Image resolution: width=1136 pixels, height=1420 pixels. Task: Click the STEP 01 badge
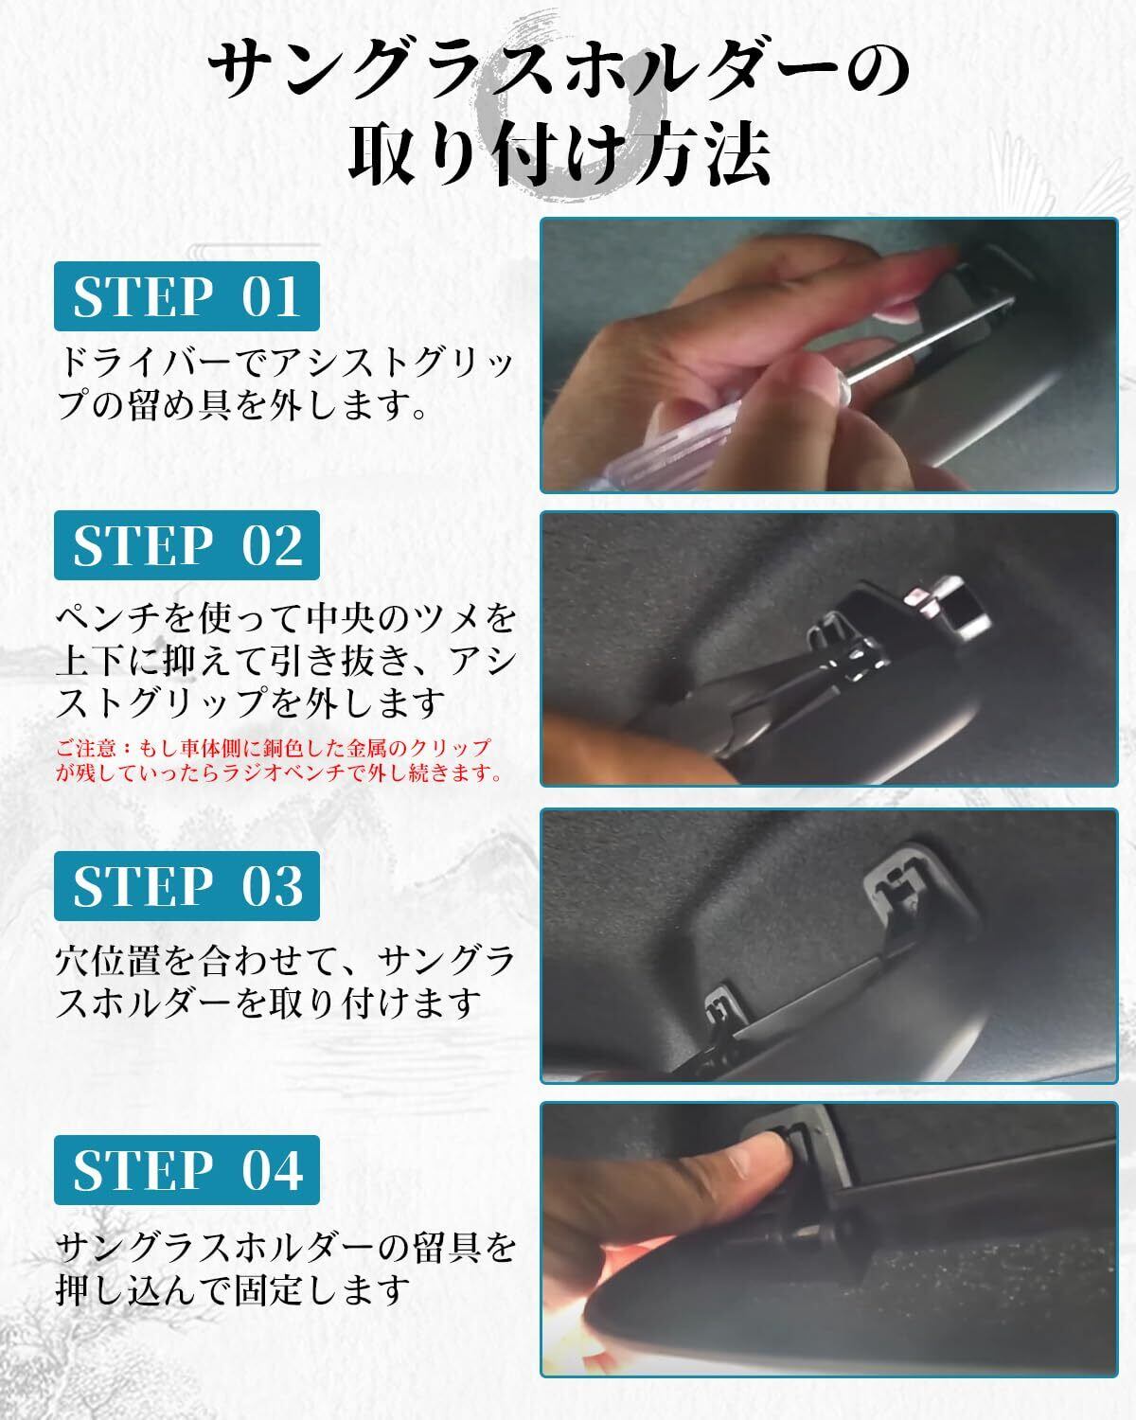pos(186,296)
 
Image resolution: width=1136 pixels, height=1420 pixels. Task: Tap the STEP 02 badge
pos(186,545)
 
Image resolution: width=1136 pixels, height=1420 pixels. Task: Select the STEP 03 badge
pos(186,886)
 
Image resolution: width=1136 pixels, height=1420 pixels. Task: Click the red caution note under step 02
pos(277,759)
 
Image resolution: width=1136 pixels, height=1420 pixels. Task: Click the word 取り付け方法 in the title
pos(559,155)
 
